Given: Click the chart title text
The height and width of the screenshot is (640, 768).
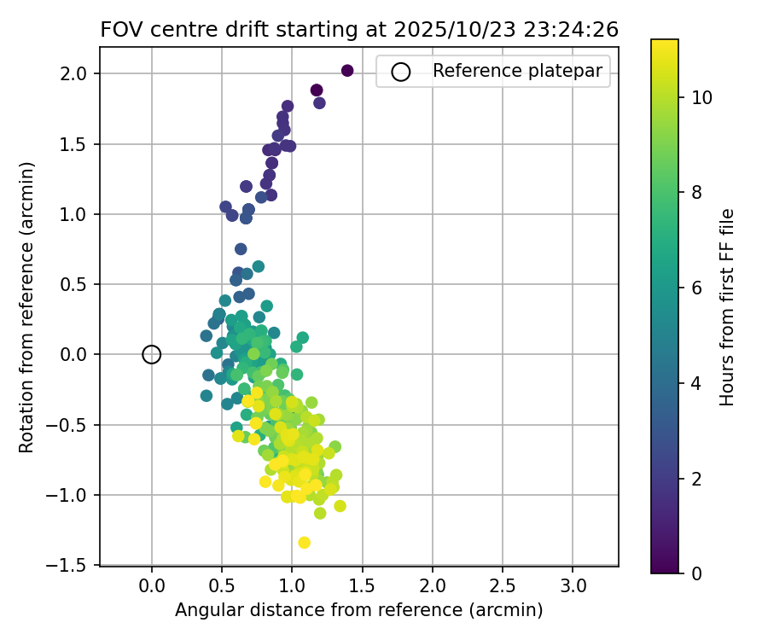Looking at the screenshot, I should tap(359, 29).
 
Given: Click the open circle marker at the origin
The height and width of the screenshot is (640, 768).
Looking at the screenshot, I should tap(152, 354).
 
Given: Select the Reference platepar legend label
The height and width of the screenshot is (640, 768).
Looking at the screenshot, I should tap(517, 72).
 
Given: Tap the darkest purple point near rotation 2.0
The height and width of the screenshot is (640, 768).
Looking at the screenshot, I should tap(347, 71).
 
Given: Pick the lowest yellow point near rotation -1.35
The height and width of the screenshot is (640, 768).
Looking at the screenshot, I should tap(304, 543).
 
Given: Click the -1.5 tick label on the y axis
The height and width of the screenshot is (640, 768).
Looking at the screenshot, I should tap(74, 565).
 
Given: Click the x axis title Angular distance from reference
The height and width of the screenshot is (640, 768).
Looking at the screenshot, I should tap(359, 610).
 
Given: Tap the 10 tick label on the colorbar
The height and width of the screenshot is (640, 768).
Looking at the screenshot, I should tap(701, 98).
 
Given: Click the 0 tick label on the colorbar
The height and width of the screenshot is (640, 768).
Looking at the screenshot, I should tap(696, 573).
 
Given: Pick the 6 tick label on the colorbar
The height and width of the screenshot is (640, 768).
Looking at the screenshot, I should tap(696, 288).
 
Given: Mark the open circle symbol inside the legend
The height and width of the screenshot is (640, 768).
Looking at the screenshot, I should tap(401, 72).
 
